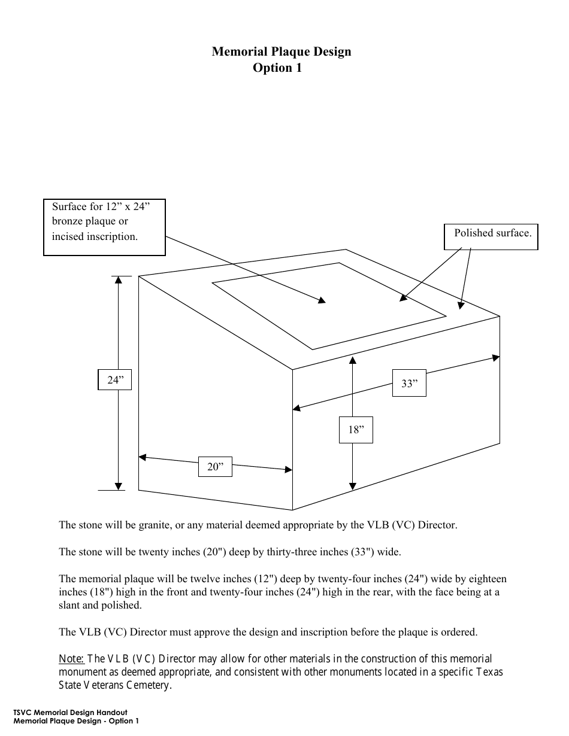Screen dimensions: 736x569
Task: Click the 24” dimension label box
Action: (x=114, y=380)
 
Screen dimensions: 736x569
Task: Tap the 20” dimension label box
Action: (x=215, y=467)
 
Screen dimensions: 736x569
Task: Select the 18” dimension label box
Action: (x=356, y=429)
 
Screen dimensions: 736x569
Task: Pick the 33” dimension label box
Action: (x=409, y=384)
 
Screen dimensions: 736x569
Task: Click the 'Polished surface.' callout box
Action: (x=491, y=236)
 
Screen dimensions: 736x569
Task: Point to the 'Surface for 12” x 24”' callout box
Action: (x=104, y=227)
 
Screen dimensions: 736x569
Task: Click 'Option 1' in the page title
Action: (x=277, y=68)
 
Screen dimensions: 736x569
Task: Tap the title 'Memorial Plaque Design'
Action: (x=281, y=51)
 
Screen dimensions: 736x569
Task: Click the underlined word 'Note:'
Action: (x=71, y=659)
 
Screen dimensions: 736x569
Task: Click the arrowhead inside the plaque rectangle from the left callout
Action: (x=322, y=301)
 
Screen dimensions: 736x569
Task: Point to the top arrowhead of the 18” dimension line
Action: (x=353, y=360)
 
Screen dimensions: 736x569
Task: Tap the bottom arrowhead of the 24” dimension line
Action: (x=119, y=486)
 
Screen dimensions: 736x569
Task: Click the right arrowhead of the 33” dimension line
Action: (x=496, y=358)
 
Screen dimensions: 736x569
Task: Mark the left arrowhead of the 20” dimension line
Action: (x=143, y=458)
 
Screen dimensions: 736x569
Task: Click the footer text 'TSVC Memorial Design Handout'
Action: (x=70, y=713)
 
